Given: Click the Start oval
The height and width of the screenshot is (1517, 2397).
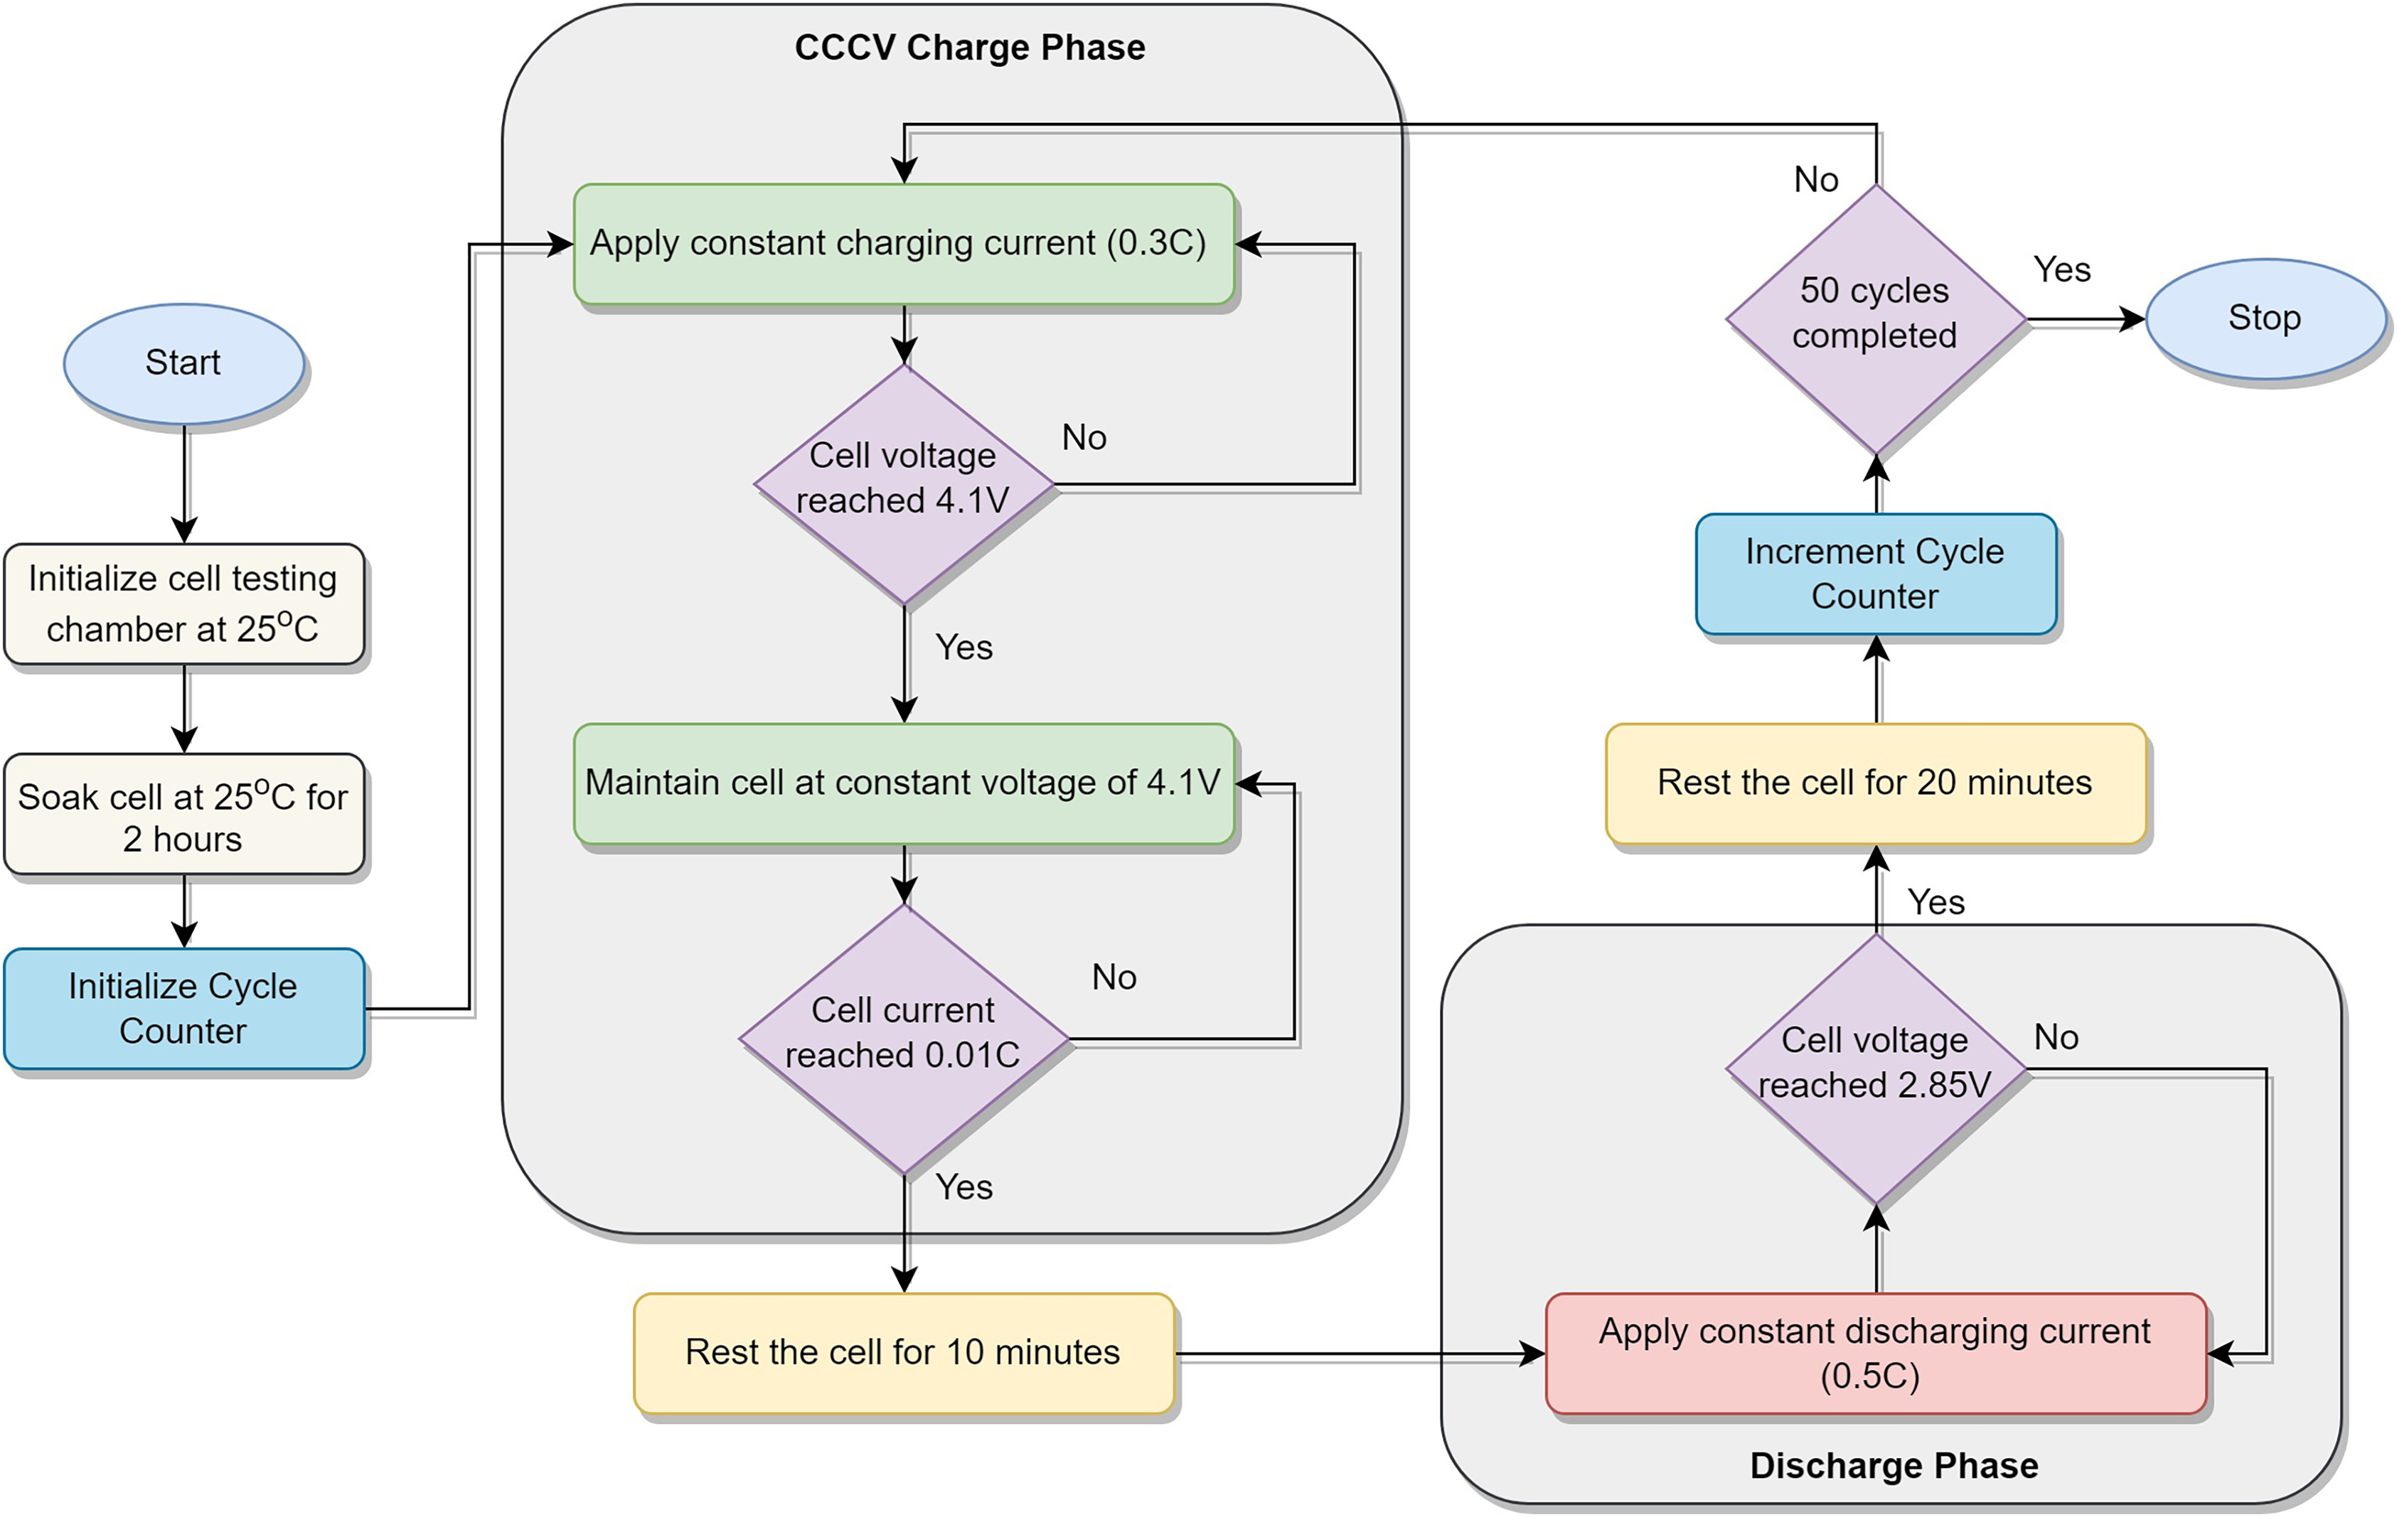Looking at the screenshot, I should click(183, 363).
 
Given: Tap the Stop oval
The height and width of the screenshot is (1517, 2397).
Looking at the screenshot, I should click(2265, 318).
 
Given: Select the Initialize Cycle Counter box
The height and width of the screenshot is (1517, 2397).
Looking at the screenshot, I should click(183, 1008).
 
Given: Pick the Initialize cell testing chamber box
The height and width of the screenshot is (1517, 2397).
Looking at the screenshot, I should click(183, 604).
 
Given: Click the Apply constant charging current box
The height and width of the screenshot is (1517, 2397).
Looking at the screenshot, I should click(903, 244).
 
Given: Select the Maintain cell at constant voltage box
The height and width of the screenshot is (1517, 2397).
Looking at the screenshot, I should click(903, 783).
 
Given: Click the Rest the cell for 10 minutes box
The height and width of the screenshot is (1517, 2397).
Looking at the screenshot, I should click(903, 1353).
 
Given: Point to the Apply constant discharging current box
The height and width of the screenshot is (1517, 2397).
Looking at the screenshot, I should click(1875, 1353).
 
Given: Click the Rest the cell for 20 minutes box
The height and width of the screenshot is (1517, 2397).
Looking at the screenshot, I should click(1875, 783).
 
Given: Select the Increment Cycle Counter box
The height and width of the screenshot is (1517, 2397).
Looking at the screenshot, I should click(1875, 574).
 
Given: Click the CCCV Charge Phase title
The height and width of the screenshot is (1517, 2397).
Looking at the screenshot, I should click(970, 48).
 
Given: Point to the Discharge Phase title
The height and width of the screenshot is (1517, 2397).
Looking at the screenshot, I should click(1894, 1465).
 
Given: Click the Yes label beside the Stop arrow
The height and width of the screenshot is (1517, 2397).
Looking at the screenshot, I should click(2061, 269).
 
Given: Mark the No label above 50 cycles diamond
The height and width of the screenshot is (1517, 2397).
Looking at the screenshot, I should click(1815, 180).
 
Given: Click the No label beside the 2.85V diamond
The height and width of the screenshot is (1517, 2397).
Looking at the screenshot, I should click(2056, 1037).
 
